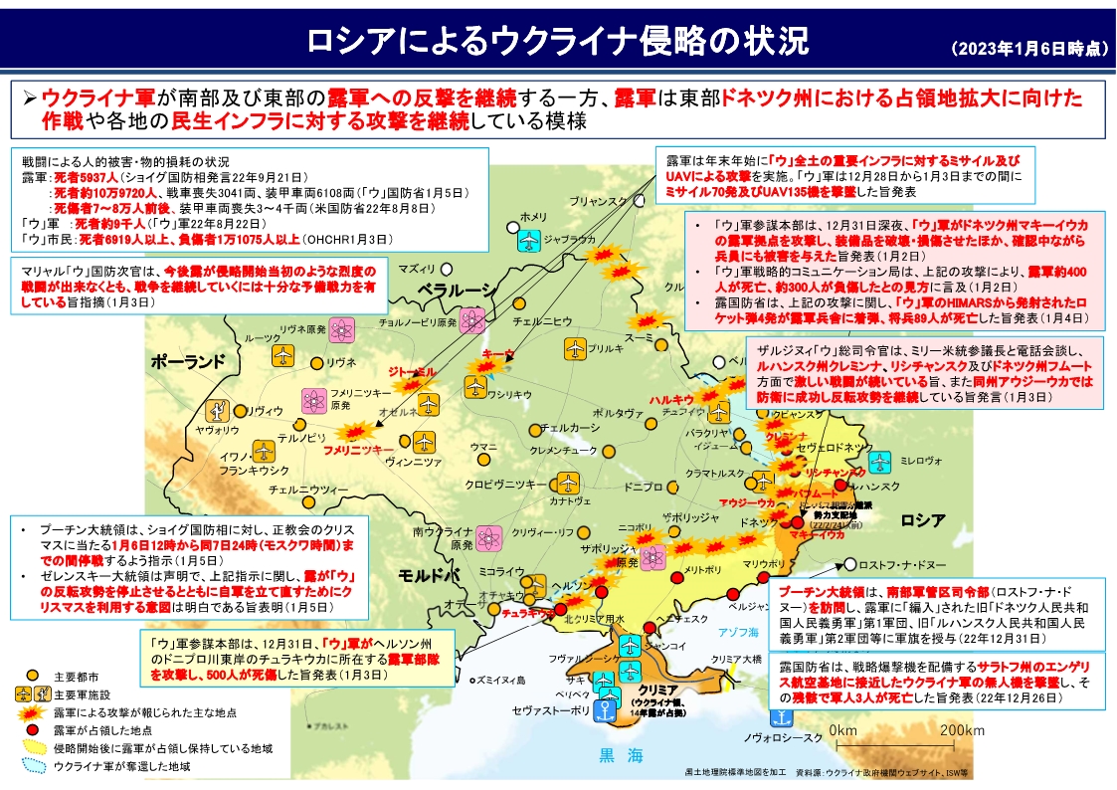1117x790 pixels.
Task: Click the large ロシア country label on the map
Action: pyautogui.click(x=922, y=519)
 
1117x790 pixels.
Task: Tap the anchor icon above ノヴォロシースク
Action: pyautogui.click(x=780, y=717)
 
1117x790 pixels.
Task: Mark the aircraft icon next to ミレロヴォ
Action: pyautogui.click(x=878, y=462)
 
